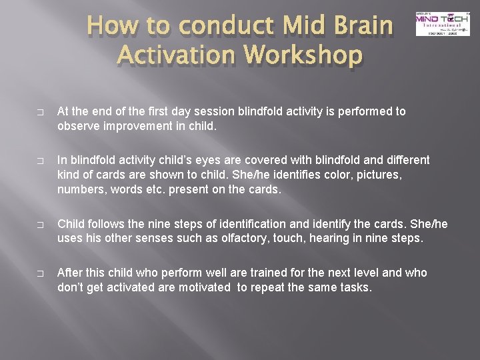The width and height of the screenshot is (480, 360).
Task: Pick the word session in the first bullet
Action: click(x=208, y=111)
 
